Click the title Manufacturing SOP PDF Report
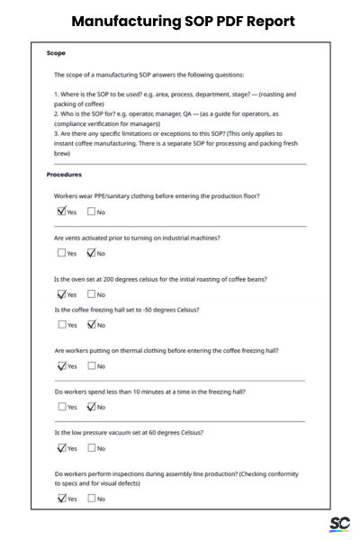point(179,20)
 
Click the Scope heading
point(56,53)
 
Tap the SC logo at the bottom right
point(339,523)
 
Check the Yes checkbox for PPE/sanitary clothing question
point(61,212)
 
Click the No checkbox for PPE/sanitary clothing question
point(92,212)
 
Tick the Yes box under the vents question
point(61,254)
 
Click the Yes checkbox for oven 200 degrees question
point(61,294)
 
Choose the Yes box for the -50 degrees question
point(61,325)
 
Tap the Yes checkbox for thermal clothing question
point(61,366)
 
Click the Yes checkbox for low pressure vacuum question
point(61,448)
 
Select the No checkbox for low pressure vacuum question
point(92,448)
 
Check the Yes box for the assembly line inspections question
point(61,499)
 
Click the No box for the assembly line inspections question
point(92,499)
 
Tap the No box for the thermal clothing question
point(92,366)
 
